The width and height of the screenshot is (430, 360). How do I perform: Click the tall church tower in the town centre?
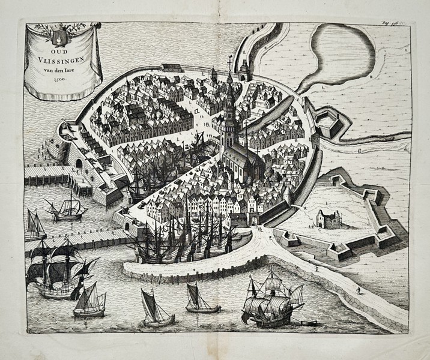[229, 114]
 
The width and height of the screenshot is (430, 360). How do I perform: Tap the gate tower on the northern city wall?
[244, 71]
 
